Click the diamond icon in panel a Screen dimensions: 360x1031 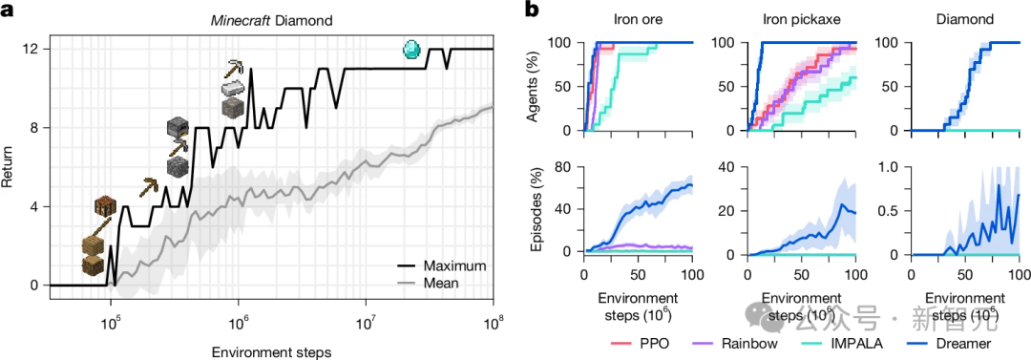pyautogui.click(x=412, y=49)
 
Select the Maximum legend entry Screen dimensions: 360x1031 pyautogui.click(x=452, y=265)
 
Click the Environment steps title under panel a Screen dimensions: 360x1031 pyautogui.click(x=271, y=352)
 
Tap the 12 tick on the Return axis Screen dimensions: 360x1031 pyautogui.click(x=32, y=49)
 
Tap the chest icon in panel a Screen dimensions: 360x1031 pyautogui.click(x=104, y=207)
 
